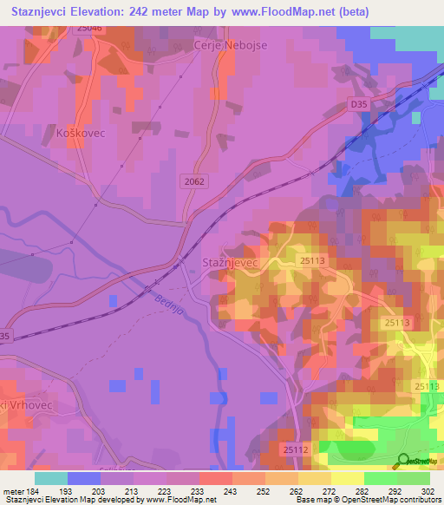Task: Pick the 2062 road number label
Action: pyautogui.click(x=195, y=181)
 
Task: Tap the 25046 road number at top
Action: pyautogui.click(x=88, y=29)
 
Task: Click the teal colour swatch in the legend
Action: pyautogui.click(x=51, y=478)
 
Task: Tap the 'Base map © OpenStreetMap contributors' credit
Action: pyautogui.click(x=367, y=501)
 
